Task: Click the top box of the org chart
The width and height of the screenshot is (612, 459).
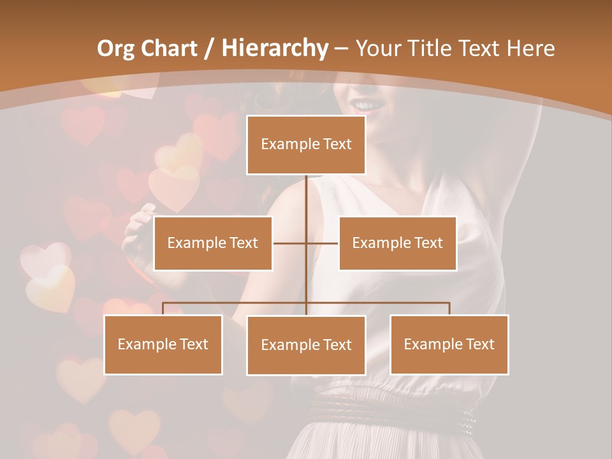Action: pos(306,145)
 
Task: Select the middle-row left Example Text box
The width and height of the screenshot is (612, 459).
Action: pos(213,243)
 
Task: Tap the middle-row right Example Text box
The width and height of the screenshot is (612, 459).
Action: pos(397,243)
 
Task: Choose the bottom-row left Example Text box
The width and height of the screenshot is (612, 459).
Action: pos(163,344)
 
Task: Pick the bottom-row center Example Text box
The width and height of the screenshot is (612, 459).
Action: pos(306,345)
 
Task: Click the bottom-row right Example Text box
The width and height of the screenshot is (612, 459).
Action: pos(449,344)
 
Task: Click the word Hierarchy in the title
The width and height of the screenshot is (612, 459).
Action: pos(274,48)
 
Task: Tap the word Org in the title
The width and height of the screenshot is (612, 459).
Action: pos(115,48)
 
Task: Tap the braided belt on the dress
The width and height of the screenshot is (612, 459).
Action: pos(389,408)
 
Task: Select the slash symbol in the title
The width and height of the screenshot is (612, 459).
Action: pos(210,49)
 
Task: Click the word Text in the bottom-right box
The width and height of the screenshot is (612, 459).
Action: pos(479,344)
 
